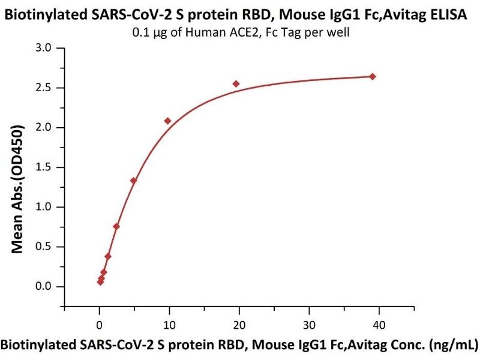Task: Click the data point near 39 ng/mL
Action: click(x=373, y=76)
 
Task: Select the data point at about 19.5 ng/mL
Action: click(x=236, y=84)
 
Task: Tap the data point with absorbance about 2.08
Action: click(x=167, y=121)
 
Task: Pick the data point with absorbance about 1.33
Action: click(x=133, y=181)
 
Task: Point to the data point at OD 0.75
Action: click(x=116, y=226)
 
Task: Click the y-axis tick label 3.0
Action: click(x=43, y=48)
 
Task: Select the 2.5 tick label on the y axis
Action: click(x=43, y=88)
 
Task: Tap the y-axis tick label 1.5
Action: click(x=43, y=167)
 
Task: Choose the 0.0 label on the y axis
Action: click(x=43, y=287)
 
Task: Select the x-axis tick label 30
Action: click(x=309, y=325)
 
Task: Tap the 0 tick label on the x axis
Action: click(x=100, y=325)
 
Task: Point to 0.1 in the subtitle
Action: click(x=140, y=32)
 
